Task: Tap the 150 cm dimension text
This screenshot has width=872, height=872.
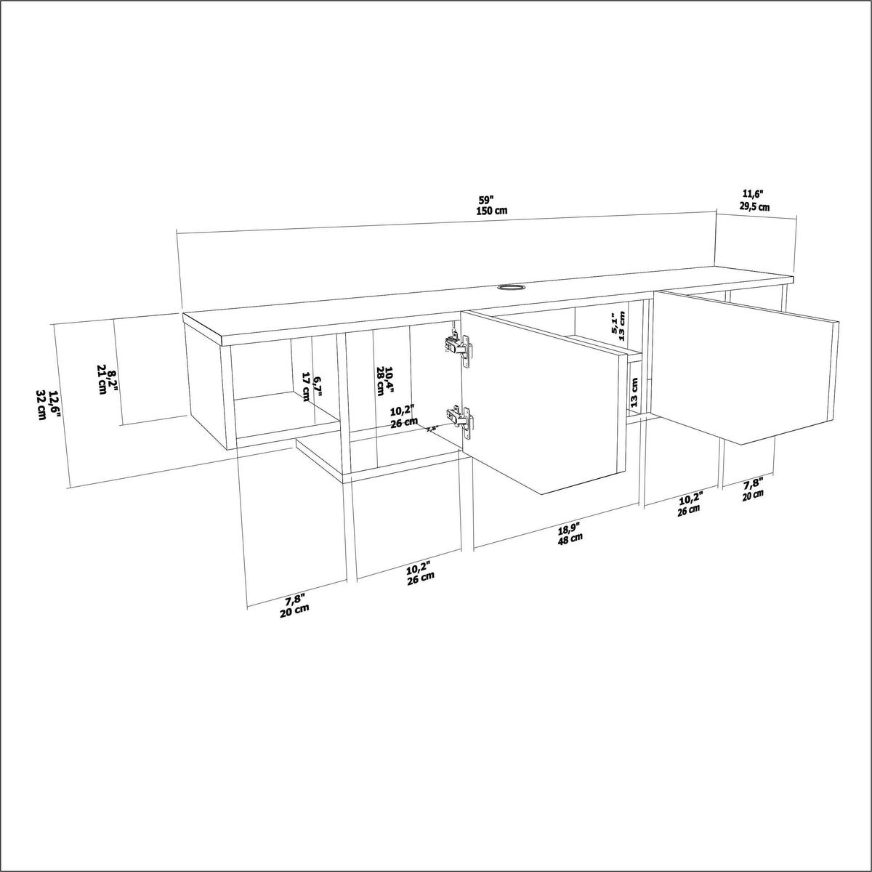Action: point(490,211)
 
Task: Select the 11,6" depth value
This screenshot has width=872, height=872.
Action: point(753,194)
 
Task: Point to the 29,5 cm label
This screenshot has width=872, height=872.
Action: point(755,206)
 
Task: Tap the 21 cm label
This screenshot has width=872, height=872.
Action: point(101,381)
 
